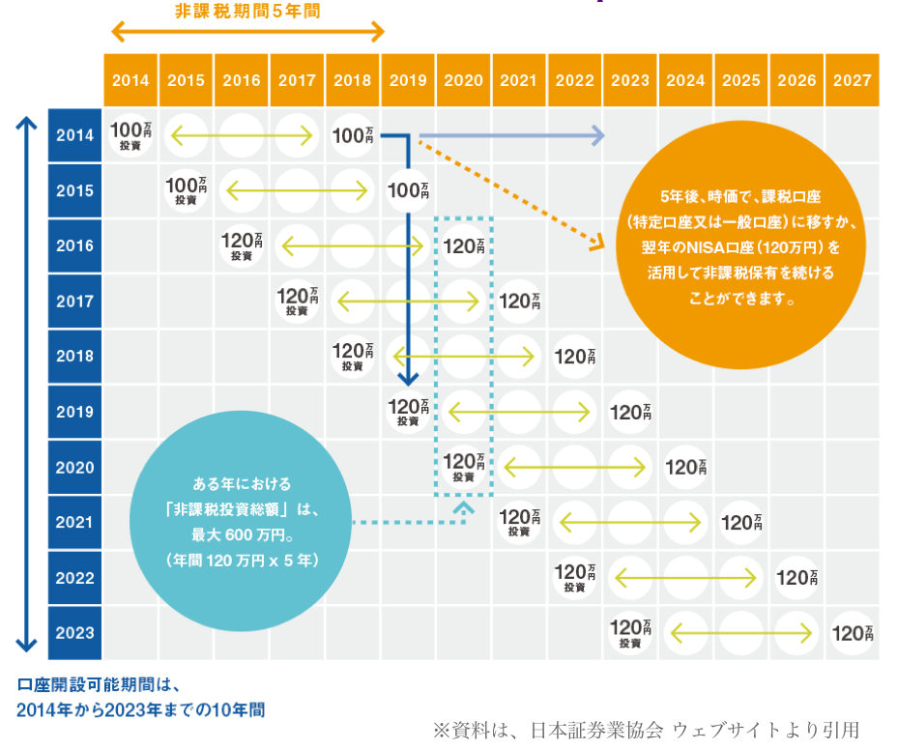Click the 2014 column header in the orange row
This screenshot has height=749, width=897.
(x=130, y=81)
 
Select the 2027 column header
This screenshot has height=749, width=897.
(x=852, y=81)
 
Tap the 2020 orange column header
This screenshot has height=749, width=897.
(x=463, y=81)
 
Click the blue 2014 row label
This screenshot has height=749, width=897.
(x=74, y=135)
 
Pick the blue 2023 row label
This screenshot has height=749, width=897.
(x=74, y=633)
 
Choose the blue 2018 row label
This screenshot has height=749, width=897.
(x=74, y=357)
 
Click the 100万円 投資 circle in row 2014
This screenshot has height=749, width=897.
(x=130, y=135)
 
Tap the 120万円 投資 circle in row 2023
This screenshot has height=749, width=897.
(x=630, y=633)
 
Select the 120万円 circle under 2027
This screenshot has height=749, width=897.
(x=853, y=634)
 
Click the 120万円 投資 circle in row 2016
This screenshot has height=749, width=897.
(x=242, y=245)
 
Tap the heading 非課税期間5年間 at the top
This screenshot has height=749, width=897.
(x=247, y=12)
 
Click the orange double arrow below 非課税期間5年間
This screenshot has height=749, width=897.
(x=247, y=33)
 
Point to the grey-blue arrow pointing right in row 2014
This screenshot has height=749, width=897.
(x=512, y=135)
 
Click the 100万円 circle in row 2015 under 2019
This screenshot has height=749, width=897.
(x=408, y=190)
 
